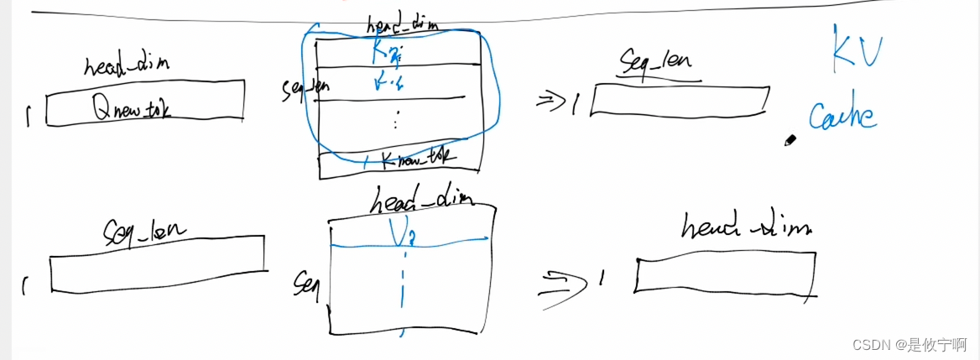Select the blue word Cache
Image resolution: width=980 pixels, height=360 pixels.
(x=843, y=116)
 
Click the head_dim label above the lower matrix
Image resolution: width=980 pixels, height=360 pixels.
(x=421, y=199)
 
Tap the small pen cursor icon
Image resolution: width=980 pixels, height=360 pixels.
(x=789, y=141)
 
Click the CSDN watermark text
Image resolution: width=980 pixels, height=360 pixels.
(x=908, y=345)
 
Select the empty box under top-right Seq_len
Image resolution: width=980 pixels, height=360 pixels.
(x=679, y=101)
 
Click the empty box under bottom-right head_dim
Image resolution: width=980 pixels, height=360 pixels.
(x=724, y=274)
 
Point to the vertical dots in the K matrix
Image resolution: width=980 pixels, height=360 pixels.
(x=395, y=123)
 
